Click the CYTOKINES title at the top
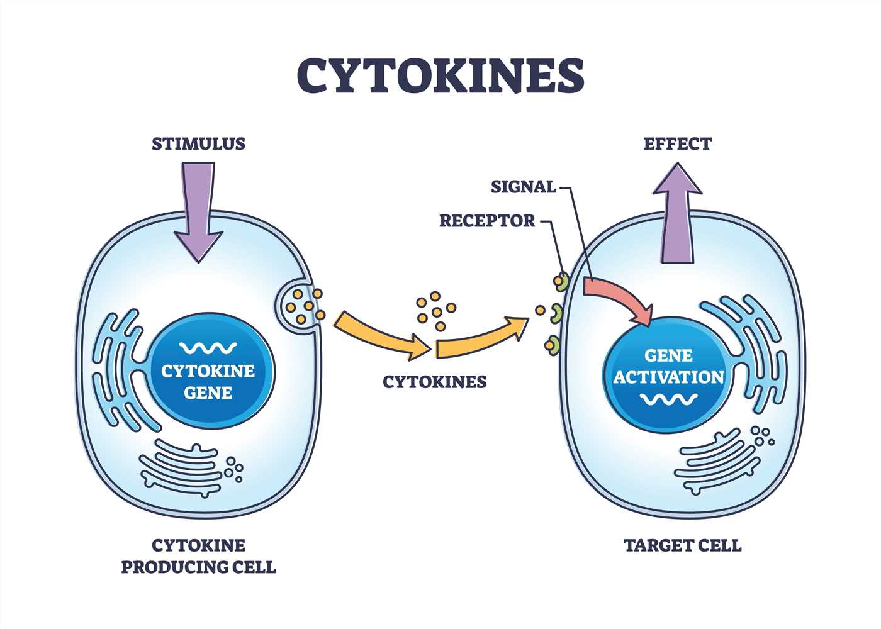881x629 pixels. [441, 75]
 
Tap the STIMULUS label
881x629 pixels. [198, 144]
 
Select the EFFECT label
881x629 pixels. [677, 144]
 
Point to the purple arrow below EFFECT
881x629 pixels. [677, 214]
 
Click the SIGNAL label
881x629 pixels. [524, 187]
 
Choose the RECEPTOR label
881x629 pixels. [487, 221]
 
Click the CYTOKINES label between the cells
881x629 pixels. [435, 382]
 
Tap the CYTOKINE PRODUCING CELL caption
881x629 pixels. [198, 556]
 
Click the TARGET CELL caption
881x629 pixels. [683, 545]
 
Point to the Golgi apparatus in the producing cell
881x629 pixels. [182, 469]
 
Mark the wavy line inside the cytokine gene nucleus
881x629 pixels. [208, 347]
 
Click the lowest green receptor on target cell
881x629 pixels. [552, 344]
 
